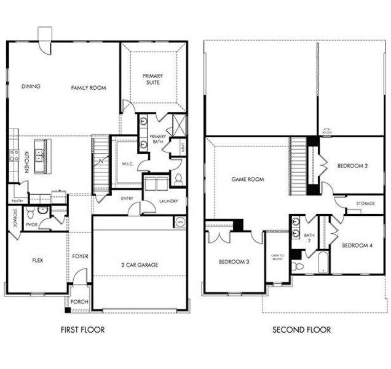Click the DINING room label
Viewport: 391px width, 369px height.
[31, 87]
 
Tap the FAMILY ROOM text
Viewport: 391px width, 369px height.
[89, 88]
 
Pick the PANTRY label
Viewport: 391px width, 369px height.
[18, 200]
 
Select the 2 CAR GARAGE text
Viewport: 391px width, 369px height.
[139, 265]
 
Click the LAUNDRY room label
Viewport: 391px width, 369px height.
[168, 200]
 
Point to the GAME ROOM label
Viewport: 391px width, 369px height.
[247, 180]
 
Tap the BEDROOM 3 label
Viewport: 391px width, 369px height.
[234, 262]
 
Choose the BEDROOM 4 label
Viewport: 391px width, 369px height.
[357, 245]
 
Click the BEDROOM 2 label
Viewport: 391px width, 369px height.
[352, 166]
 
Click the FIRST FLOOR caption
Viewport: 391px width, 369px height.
[82, 330]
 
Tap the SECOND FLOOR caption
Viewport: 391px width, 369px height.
[301, 330]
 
